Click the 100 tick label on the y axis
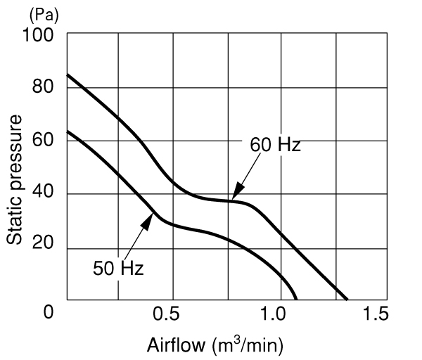[38, 35]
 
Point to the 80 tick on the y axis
[43, 87]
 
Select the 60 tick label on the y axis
[43, 140]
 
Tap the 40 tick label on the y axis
[43, 191]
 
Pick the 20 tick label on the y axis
[43, 243]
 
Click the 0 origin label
[49, 312]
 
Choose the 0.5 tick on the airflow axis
[166, 314]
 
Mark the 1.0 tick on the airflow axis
[274, 314]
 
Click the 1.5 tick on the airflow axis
[376, 314]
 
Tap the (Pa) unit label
[44, 15]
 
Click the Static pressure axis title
[14, 180]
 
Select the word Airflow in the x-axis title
[176, 345]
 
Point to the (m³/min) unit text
[248, 346]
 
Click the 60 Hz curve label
[275, 145]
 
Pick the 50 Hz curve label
[118, 269]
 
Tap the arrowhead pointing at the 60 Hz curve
[237, 191]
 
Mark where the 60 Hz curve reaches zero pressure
[347, 300]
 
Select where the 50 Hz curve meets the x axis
[296, 300]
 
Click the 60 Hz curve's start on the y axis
[68, 75]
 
